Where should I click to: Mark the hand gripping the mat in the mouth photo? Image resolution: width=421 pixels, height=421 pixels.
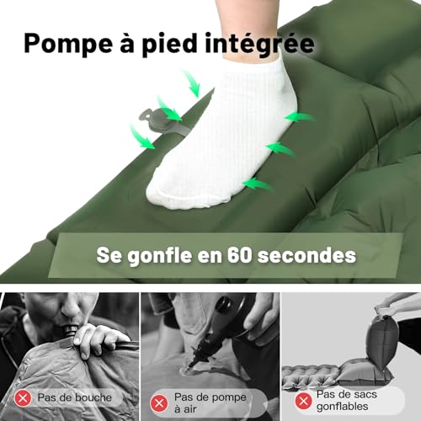(99, 338)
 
